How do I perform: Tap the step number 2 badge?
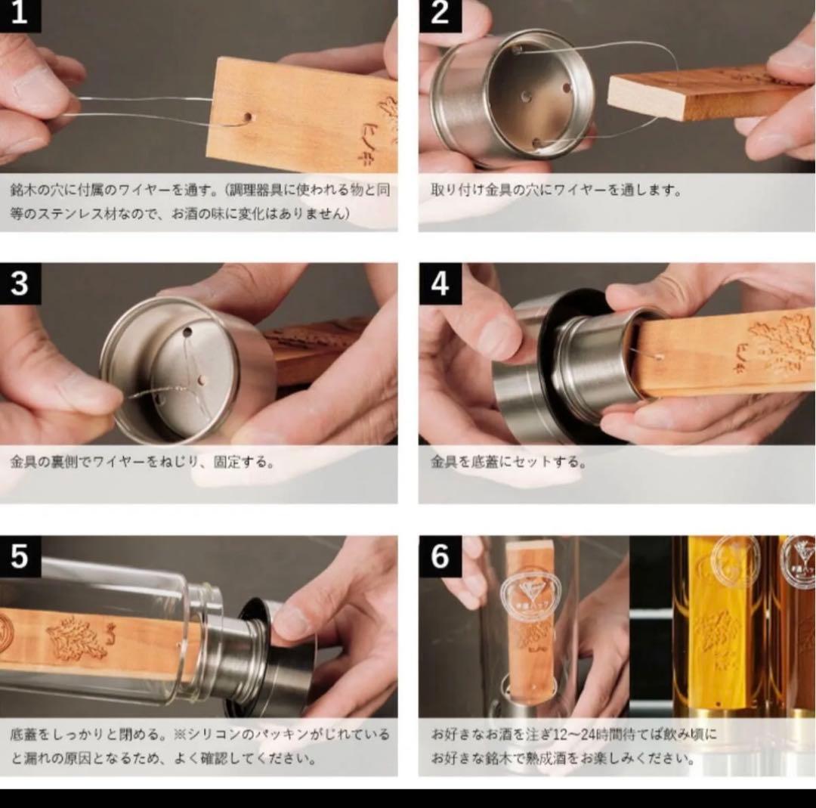440,14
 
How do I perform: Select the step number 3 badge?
20,283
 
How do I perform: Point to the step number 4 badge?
440,283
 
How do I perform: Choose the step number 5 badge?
20,556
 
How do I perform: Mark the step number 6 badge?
440,556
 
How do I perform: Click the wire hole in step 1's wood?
247,118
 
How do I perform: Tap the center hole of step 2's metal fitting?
525,98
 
